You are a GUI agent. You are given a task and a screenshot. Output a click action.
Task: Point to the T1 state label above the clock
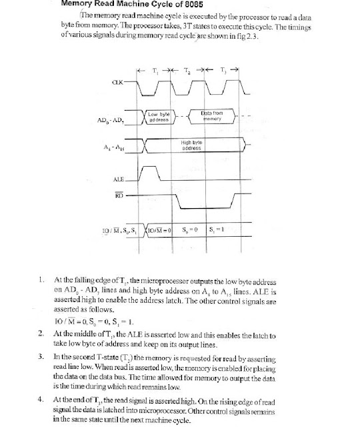(155, 69)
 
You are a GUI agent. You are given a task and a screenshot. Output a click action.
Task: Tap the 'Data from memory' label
(211, 117)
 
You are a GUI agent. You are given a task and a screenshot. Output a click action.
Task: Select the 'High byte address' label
(191, 145)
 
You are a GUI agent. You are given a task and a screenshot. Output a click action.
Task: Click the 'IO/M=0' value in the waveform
(159, 230)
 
